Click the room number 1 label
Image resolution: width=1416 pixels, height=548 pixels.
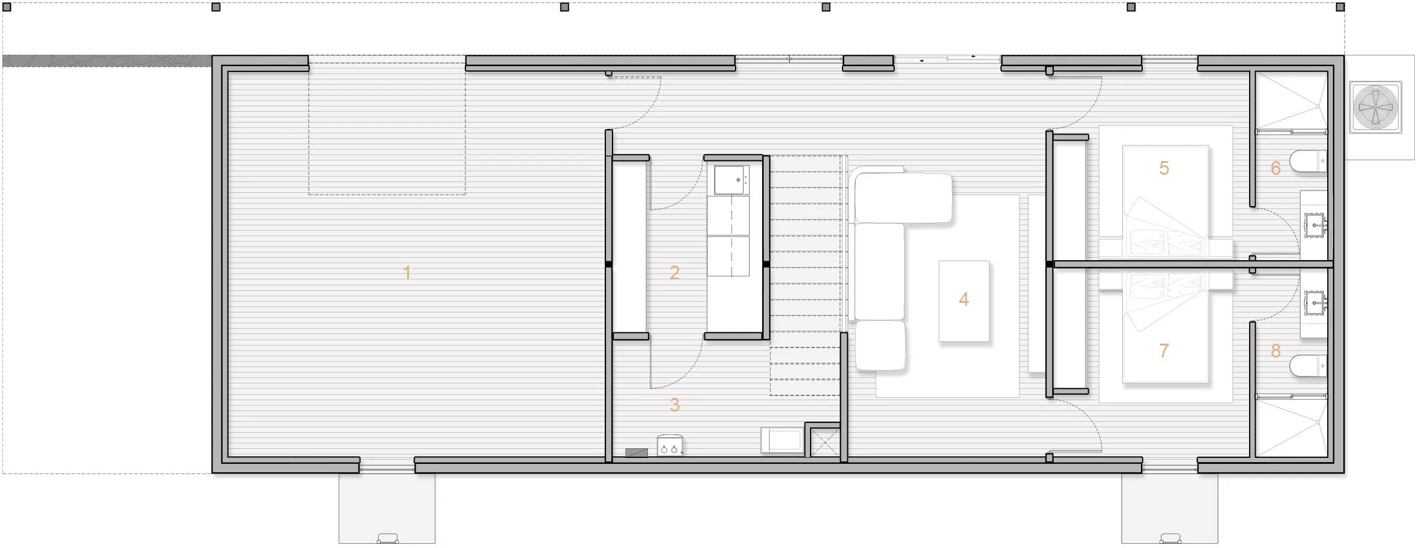click(407, 273)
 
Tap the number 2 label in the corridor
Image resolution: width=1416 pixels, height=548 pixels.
click(674, 273)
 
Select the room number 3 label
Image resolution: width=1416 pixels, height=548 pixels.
click(674, 405)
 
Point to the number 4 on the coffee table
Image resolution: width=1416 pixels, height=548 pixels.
click(964, 299)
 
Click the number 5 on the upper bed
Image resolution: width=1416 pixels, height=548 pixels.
click(1164, 168)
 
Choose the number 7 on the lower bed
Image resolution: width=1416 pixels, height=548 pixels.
click(1164, 350)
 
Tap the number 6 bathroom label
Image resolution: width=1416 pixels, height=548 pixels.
click(1275, 168)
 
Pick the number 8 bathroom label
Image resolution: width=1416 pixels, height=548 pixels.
click(1275, 350)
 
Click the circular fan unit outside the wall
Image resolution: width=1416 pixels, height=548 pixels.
click(1376, 107)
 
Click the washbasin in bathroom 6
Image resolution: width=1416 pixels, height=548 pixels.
click(1315, 226)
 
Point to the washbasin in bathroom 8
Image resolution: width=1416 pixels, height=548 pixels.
click(1315, 302)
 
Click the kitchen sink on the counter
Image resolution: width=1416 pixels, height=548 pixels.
click(731, 180)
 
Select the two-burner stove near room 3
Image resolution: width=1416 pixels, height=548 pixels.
click(670, 446)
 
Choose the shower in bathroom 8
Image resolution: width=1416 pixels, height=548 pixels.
click(1290, 427)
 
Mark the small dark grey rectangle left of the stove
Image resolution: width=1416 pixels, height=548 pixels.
click(637, 452)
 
